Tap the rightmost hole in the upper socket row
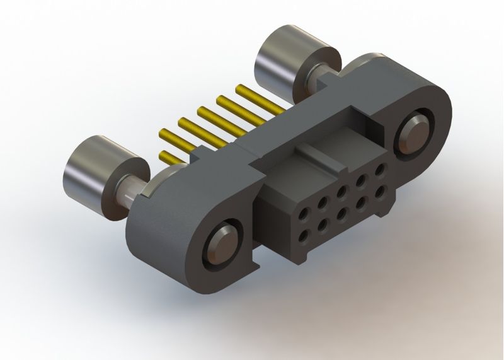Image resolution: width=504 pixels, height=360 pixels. pyautogui.click(x=381, y=169)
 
